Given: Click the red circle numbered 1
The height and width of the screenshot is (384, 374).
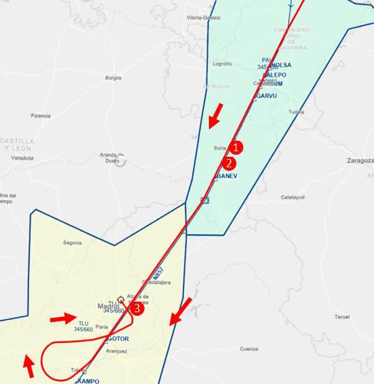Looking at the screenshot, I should click(x=237, y=148).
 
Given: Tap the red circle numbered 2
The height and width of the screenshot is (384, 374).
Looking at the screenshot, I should click(x=228, y=164).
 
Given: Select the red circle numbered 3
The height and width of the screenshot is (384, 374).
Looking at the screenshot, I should click(x=138, y=307).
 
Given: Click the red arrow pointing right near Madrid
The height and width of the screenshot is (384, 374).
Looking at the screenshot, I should click(x=63, y=318).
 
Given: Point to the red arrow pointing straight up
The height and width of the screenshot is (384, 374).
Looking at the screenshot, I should click(x=29, y=365).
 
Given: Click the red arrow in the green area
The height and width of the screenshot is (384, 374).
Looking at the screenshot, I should click(x=217, y=116).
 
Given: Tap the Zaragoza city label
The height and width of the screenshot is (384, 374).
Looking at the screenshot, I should click(x=359, y=160).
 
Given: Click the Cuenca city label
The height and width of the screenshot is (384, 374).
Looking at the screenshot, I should click(x=249, y=348).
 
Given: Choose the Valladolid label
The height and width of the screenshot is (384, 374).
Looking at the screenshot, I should click(x=22, y=158).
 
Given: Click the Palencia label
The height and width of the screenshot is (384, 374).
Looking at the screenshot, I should click(x=40, y=116).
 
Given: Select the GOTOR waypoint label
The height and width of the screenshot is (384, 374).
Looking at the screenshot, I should click(x=116, y=339).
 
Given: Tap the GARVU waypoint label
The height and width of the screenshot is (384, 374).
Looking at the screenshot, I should click(x=265, y=95).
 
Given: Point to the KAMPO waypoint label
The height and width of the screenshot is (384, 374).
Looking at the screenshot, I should click(x=87, y=381).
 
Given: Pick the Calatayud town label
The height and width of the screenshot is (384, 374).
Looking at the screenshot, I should click(x=293, y=197).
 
